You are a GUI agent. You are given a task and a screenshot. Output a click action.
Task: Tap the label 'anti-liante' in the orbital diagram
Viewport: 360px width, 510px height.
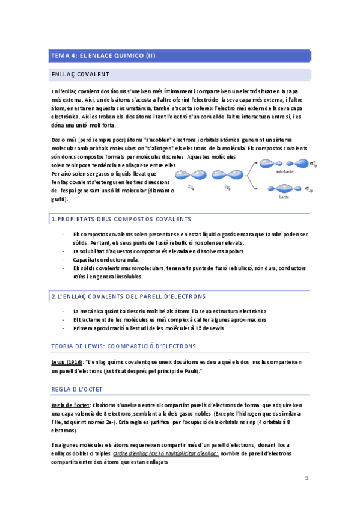point(284,172)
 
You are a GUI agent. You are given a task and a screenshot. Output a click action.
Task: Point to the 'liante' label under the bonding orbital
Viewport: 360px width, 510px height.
point(284,197)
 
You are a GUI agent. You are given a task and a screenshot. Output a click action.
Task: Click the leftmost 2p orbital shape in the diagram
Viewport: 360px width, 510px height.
point(190,174)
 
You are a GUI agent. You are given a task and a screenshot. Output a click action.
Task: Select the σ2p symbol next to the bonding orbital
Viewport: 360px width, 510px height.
point(311,189)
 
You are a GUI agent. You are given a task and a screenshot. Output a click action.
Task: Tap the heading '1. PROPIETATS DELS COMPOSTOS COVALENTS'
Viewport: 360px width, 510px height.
point(121,219)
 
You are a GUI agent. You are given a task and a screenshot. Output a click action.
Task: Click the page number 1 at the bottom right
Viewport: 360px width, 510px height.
point(307,479)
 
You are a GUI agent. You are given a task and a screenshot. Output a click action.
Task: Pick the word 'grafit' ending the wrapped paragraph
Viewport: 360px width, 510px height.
point(59,199)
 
